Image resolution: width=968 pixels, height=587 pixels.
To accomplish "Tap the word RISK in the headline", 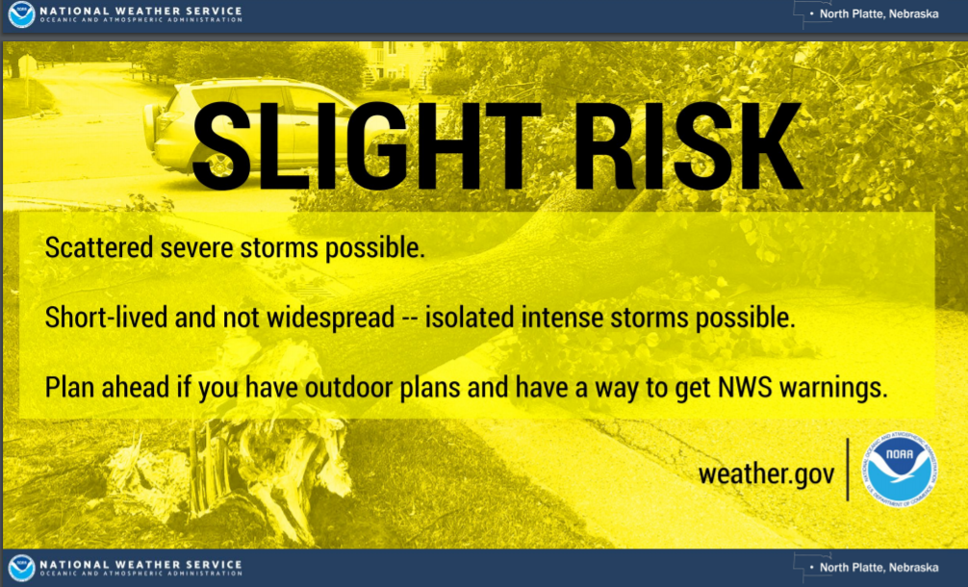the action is [x=687, y=145].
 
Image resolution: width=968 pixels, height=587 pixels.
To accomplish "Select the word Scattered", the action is [x=99, y=247].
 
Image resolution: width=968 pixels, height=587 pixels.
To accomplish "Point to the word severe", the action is [x=196, y=248].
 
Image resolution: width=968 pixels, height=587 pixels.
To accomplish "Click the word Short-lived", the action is [x=106, y=318].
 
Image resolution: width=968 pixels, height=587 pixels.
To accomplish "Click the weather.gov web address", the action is [x=766, y=474].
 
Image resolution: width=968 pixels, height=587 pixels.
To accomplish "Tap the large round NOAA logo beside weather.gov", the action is [x=900, y=469].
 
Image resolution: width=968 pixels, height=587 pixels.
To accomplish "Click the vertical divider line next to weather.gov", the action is [x=848, y=469].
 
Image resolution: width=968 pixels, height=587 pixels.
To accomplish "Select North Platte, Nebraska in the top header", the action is [x=879, y=13].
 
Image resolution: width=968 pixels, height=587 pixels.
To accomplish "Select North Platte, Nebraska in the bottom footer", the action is [x=879, y=567].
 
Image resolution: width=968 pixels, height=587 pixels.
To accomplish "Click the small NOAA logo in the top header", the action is [x=21, y=13].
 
